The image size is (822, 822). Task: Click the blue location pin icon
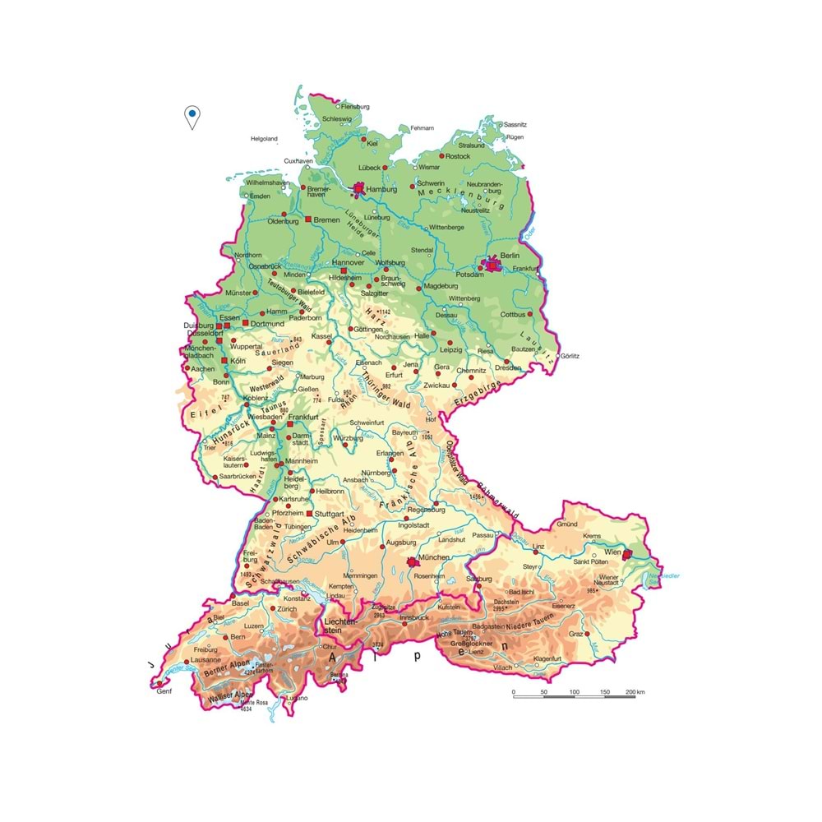click(192, 116)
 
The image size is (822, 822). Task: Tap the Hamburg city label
click(381, 190)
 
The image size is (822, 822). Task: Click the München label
click(434, 557)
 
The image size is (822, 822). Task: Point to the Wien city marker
click(627, 555)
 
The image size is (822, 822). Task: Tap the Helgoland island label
click(265, 139)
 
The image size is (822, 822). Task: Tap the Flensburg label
click(356, 107)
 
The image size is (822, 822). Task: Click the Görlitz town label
click(568, 356)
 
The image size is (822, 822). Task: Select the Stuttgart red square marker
click(310, 514)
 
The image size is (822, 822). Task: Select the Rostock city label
click(458, 156)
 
